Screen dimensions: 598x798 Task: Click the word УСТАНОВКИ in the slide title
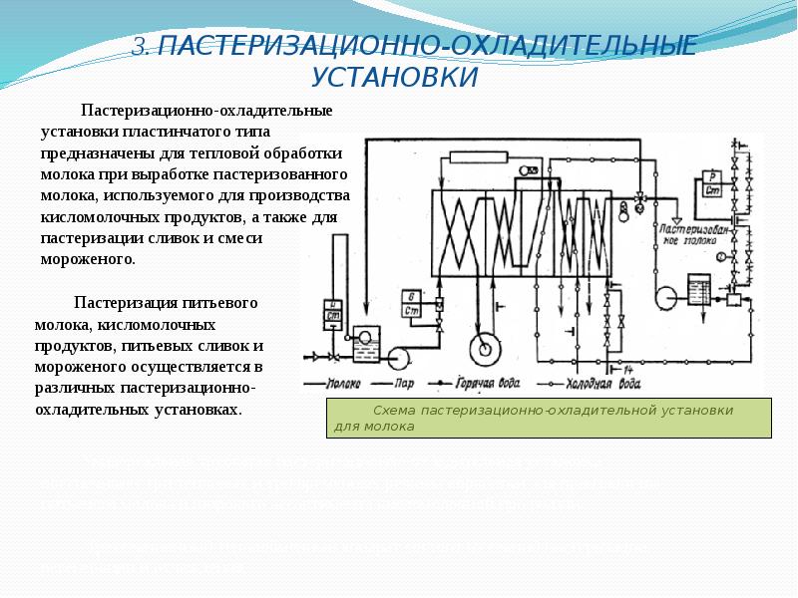coord(394,78)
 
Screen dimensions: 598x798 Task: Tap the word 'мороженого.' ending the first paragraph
coord(87,258)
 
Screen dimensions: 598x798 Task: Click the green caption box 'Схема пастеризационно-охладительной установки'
coord(549,418)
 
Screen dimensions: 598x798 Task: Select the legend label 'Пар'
coord(404,383)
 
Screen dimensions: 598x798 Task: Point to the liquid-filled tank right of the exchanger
coord(697,288)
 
